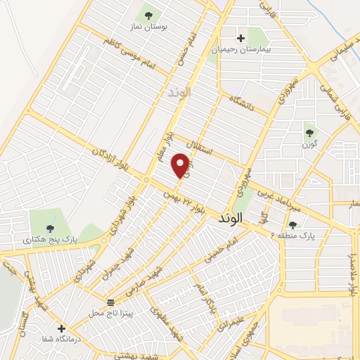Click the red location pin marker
coord(181,165)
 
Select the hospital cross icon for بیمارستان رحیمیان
coord(241,38)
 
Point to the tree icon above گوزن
coord(309,131)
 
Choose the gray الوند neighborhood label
coord(179,93)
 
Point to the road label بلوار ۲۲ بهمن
coord(184,200)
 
